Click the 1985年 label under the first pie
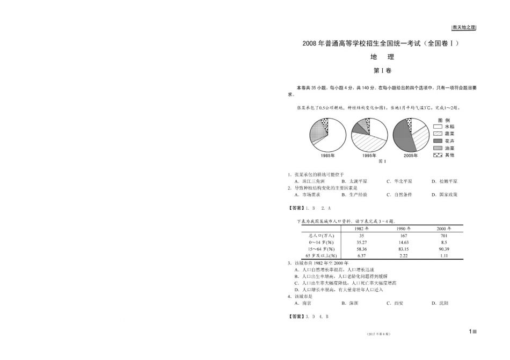327,155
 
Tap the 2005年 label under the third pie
411,155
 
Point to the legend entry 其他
449,155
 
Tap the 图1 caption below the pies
382,161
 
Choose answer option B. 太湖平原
354,181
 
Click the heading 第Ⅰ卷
382,70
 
